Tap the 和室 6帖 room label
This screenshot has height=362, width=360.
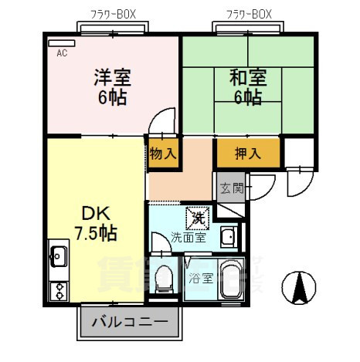point(247,86)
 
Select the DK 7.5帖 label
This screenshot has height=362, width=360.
point(95,221)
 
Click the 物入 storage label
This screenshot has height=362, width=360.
point(163,152)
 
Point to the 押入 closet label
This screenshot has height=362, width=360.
point(246,153)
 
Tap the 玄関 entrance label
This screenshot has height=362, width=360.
point(230,188)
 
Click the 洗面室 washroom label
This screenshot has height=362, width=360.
point(188,238)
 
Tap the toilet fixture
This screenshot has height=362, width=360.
point(165,281)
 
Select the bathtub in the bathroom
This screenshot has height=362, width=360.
point(230,281)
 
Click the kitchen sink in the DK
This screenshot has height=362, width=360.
point(59,255)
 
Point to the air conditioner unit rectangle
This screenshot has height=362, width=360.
point(63,43)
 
